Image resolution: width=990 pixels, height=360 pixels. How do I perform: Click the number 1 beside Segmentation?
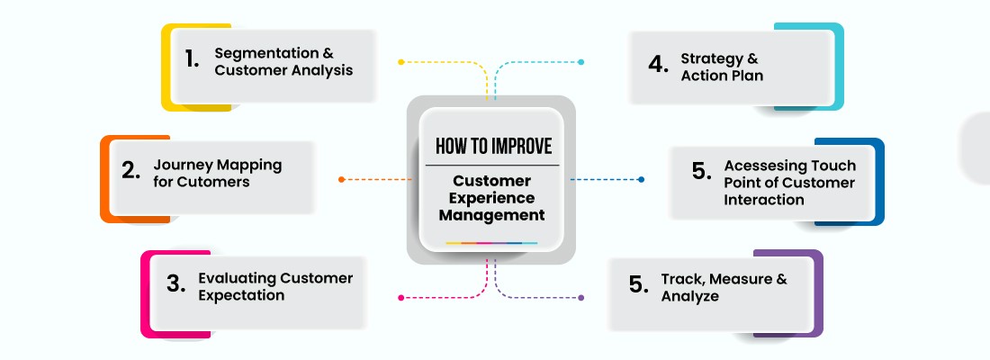(191, 59)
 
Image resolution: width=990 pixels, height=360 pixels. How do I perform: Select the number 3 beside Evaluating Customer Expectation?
(175, 284)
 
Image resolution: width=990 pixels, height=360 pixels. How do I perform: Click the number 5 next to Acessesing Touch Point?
(702, 172)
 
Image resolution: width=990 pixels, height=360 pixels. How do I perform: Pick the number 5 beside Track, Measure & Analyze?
(638, 284)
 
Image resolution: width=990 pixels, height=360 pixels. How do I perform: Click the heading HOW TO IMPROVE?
(493, 147)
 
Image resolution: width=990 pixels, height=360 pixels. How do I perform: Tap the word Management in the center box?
(493, 215)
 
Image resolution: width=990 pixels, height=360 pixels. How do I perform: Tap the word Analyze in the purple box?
(689, 295)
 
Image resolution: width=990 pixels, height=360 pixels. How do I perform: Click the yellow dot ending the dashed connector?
(400, 62)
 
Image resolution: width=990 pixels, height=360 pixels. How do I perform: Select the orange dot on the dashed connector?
(342, 179)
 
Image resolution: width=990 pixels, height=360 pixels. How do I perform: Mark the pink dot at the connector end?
(400, 297)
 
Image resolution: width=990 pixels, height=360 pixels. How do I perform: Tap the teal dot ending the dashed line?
(581, 62)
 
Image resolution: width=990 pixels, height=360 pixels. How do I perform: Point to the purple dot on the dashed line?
(580, 297)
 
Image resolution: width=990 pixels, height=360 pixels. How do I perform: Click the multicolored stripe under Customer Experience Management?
(491, 243)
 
